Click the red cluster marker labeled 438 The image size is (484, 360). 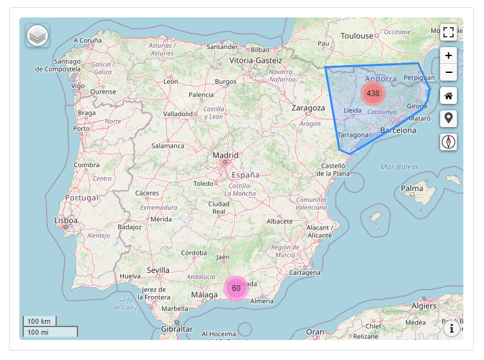[372, 94]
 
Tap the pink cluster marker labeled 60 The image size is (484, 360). [236, 288]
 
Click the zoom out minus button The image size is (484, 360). [449, 72]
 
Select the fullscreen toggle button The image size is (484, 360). [449, 32]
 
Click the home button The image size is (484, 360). [449, 96]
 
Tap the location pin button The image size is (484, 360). [449, 119]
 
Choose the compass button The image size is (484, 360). [449, 142]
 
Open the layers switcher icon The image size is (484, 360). [37, 36]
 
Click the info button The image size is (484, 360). [452, 329]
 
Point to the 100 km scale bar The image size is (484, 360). [40, 321]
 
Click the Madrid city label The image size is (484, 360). [226, 155]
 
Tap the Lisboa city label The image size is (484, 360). [66, 221]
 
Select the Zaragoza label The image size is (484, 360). [308, 108]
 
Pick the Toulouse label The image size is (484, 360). [357, 36]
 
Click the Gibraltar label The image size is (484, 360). [177, 329]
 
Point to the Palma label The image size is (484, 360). [412, 189]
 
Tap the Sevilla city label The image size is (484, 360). [158, 270]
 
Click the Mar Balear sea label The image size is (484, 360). [399, 167]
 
